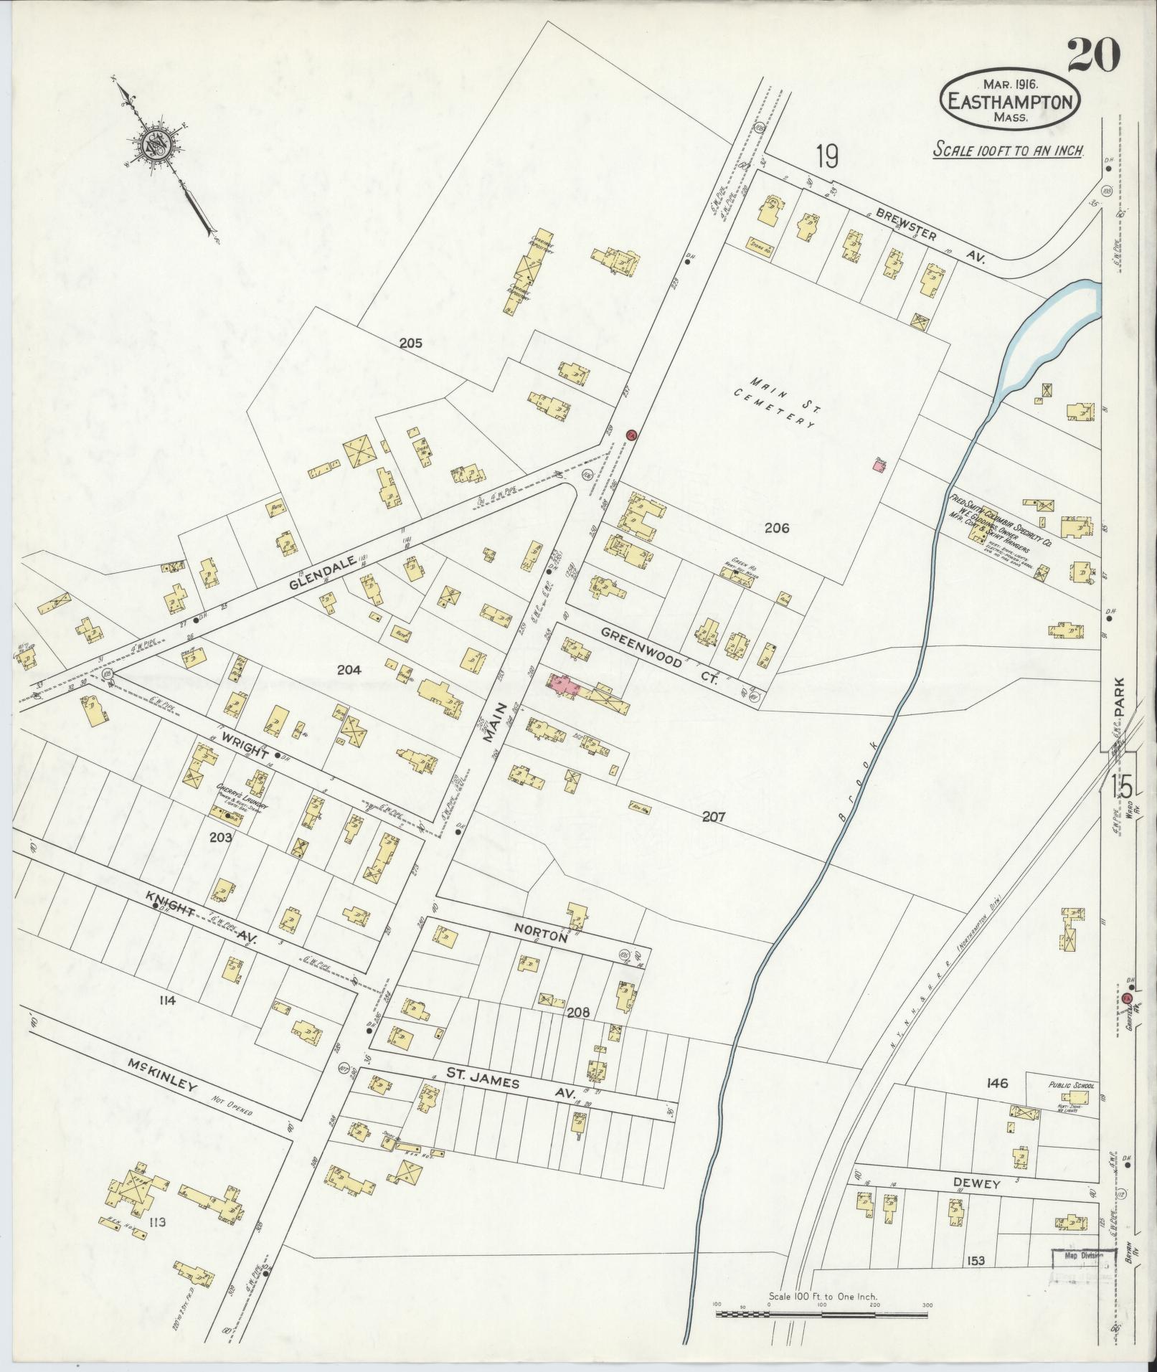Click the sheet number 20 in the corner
pyautogui.click(x=1093, y=55)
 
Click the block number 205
pyautogui.click(x=410, y=344)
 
